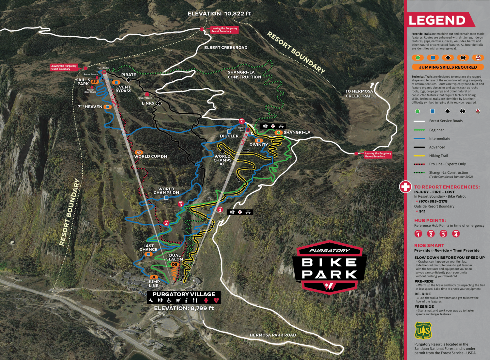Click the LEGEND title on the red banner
tap(437, 20)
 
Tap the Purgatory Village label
tap(184, 294)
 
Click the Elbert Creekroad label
tap(226, 48)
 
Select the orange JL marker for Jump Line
tap(154, 277)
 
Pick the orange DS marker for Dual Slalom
tap(175, 265)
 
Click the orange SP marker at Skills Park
tap(95, 82)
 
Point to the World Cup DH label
tap(151, 156)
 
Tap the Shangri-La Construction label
tap(244, 75)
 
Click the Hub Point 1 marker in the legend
tap(418, 234)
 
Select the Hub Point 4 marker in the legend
tap(456, 234)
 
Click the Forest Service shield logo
tap(423, 331)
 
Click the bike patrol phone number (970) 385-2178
tap(433, 201)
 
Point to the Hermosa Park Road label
tap(273, 335)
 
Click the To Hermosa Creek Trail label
tap(359, 94)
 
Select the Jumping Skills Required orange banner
tap(448, 67)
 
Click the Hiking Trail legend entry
tap(438, 156)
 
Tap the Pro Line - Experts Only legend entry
tap(447, 164)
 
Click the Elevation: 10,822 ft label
tap(219, 14)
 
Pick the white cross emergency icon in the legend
tap(405, 187)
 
